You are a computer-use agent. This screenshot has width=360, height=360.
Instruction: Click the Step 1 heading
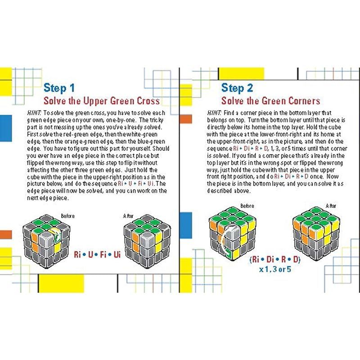pos(59,88)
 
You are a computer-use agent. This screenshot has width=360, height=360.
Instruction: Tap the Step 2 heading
pos(237,88)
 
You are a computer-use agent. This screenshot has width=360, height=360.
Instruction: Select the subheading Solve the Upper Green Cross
pos(102,101)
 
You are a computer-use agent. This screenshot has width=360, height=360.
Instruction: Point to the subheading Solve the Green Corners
pos(271,101)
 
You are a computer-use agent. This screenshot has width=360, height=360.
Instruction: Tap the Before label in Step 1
pos(68,216)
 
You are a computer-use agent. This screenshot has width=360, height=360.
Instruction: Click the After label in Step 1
pos(128,216)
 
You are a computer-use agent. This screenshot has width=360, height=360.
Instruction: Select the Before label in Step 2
pos(247,206)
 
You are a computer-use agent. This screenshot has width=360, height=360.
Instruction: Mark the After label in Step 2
pos(331,206)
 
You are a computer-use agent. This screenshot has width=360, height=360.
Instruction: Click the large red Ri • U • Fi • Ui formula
pos(97,254)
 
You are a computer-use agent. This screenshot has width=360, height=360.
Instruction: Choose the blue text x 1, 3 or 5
pos(275,269)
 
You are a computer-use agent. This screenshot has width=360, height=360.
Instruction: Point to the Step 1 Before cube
pos(46,241)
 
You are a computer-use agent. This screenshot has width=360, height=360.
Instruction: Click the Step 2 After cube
pos(316,234)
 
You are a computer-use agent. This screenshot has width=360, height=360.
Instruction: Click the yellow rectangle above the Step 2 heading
pos(241,74)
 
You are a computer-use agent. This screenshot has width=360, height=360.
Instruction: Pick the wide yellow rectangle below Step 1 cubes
pos(61,283)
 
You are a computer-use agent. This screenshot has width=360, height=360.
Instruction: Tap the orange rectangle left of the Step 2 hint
pos(185,119)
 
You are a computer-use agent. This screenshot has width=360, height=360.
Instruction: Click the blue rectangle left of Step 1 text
pos(6,128)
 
